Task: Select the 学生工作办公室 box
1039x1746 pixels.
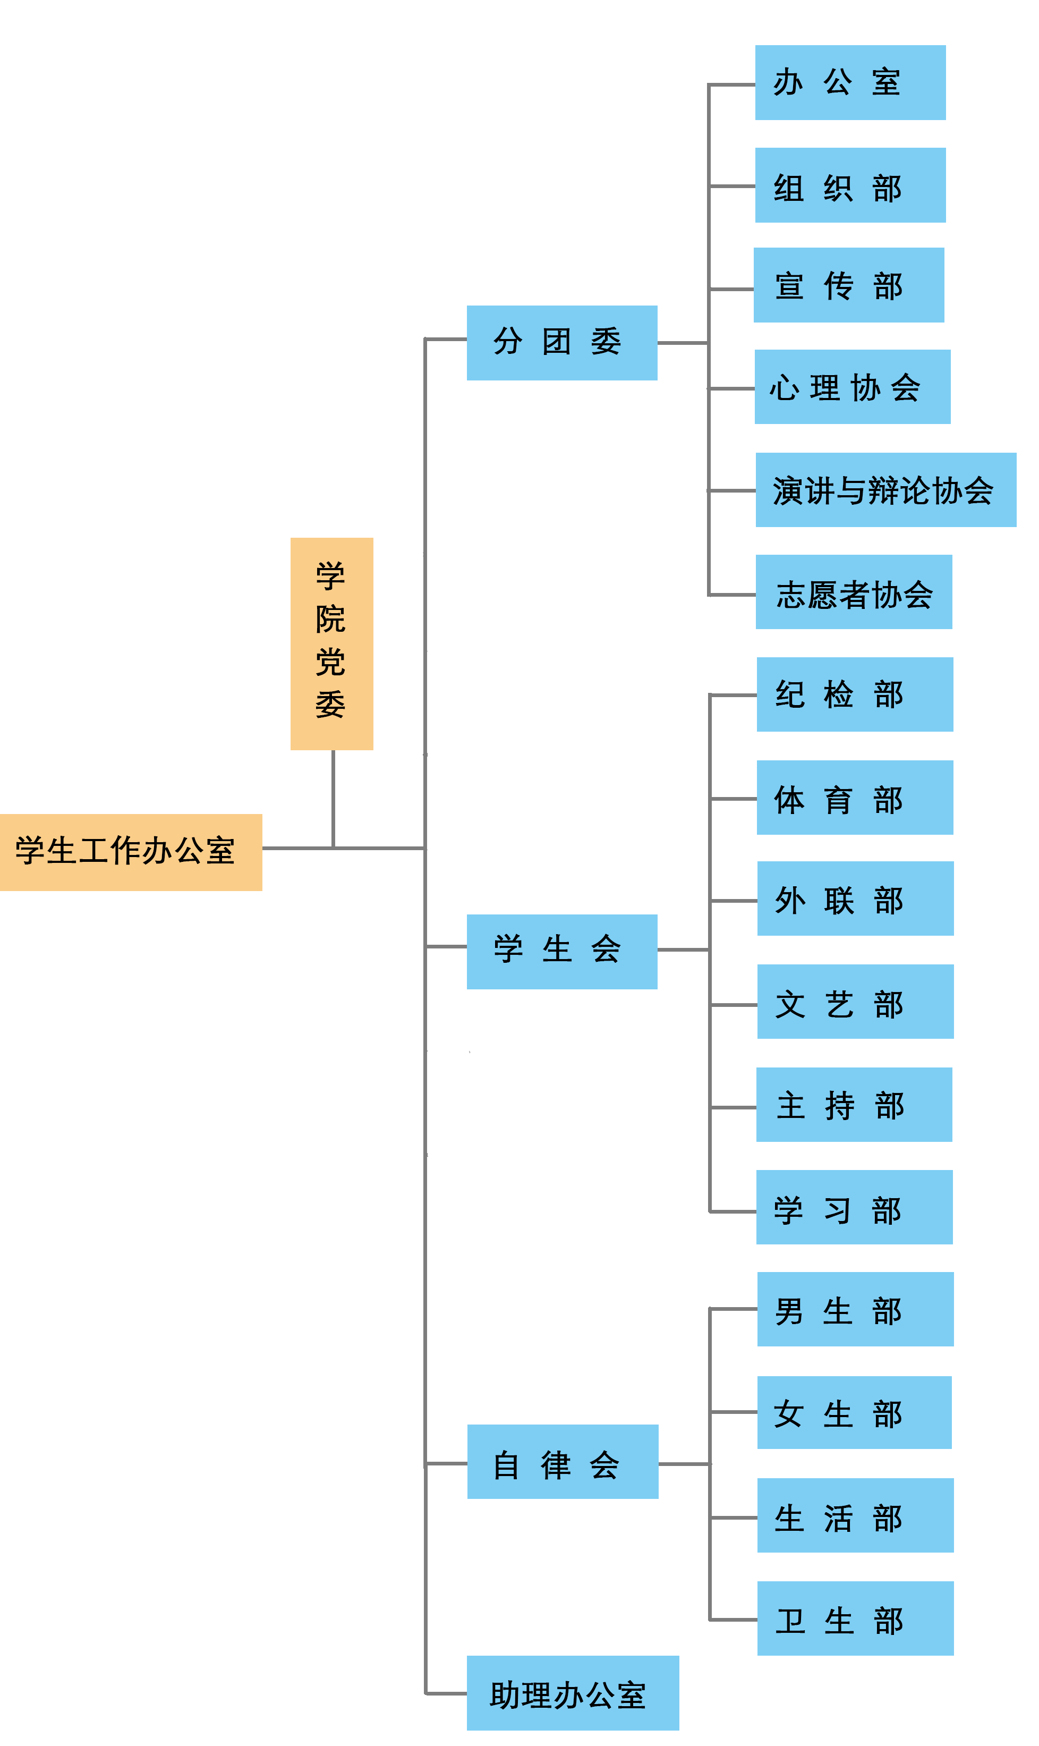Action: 131,852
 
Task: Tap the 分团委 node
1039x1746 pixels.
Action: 561,343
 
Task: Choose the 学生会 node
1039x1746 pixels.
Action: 561,951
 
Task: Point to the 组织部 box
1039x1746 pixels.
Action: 850,185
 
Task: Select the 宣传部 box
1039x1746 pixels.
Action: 848,285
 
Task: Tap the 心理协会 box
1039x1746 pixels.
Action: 852,387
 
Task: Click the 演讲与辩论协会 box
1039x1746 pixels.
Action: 885,489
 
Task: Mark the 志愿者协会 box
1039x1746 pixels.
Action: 854,592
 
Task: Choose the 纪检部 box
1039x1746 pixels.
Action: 854,694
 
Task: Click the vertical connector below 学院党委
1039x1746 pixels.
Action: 333,799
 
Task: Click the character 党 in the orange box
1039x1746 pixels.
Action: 330,662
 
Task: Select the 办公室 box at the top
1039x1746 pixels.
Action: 850,83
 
